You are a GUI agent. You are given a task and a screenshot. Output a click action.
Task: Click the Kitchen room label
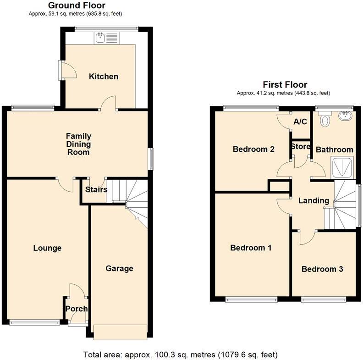[104, 77]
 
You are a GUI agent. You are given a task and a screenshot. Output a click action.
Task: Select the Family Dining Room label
[78, 144]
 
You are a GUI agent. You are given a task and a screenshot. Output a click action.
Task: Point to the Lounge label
[47, 248]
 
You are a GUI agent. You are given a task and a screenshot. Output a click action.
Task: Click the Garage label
[120, 268]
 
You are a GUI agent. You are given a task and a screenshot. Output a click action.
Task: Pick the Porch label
[77, 309]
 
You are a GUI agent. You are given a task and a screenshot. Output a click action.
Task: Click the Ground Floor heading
[77, 6]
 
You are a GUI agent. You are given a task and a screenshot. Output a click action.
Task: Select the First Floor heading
[285, 84]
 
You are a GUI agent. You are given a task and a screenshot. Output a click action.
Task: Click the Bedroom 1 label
[251, 248]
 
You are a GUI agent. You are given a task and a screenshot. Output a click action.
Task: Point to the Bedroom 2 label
[253, 149]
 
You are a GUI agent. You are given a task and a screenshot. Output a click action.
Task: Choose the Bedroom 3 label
[322, 269]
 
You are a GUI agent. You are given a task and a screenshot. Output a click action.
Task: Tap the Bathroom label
[335, 150]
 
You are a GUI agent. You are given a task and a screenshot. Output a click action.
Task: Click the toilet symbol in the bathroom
[326, 120]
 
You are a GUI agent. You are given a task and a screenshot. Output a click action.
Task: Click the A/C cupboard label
[300, 122]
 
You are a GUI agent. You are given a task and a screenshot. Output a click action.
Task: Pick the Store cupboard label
[301, 147]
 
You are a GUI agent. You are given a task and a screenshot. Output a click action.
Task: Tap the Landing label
[313, 200]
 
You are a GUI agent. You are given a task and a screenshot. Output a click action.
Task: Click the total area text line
[181, 354]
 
